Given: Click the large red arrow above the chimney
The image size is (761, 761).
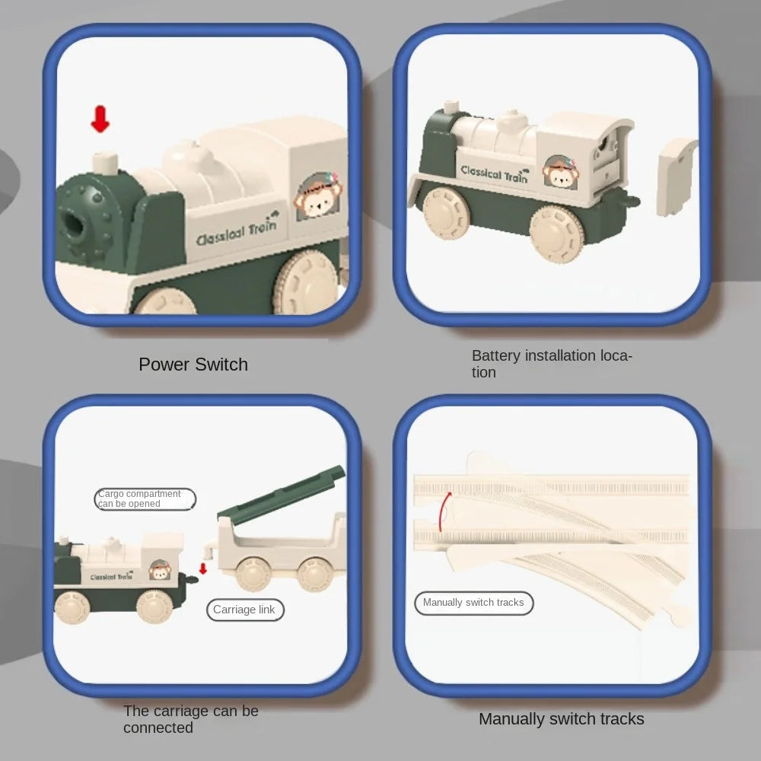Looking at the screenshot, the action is (100, 119).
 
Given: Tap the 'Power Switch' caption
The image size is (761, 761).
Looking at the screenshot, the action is (193, 365).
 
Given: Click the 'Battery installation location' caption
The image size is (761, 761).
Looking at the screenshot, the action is (552, 364).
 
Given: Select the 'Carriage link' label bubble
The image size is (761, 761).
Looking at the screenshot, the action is (245, 610).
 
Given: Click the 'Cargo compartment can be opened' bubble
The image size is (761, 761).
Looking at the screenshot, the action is (145, 499).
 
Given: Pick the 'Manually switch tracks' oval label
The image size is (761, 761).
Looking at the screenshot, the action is (473, 603).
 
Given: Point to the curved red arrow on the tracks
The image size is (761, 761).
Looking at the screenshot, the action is (444, 511).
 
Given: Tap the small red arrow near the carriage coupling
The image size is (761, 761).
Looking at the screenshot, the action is (203, 568).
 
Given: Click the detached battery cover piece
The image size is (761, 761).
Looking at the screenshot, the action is (677, 177).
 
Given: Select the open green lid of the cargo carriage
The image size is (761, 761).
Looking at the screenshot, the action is (282, 494).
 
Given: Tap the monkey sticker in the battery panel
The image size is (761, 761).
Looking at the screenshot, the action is (561, 172).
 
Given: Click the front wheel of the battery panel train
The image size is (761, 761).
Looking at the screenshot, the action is (445, 212).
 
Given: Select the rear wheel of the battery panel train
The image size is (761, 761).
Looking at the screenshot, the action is (557, 234).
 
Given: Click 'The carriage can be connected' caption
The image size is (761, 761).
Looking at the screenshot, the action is (191, 719).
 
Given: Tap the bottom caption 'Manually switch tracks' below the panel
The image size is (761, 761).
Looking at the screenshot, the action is (562, 719).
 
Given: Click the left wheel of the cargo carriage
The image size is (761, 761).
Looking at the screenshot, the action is (253, 574).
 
